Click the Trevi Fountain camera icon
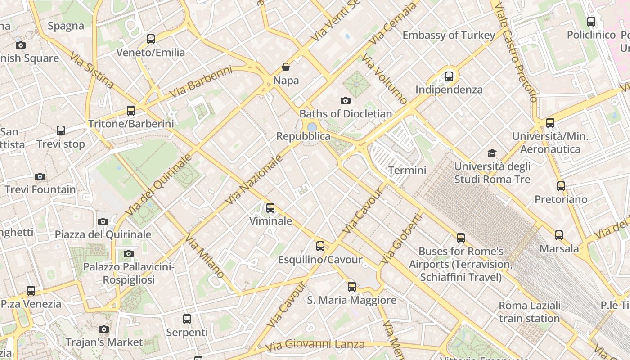tap(40, 176)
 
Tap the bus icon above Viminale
tap(270, 208)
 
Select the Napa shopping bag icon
tap(286, 67)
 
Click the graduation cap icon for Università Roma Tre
tap(492, 153)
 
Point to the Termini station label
tap(407, 171)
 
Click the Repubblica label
tap(303, 136)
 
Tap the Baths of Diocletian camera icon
tap(346, 100)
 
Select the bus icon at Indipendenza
tap(449, 76)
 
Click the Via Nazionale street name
tap(255, 180)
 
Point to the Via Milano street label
tap(205, 256)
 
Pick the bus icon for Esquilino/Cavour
tap(320, 246)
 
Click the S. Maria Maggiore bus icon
tap(352, 286)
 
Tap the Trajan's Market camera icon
tap(104, 329)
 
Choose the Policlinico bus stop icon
tap(591, 21)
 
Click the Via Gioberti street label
tap(402, 238)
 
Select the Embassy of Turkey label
tap(449, 35)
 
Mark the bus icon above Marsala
tap(559, 235)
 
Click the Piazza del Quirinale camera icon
tap(103, 221)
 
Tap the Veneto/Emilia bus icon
tap(151, 39)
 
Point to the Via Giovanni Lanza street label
tap(315, 345)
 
